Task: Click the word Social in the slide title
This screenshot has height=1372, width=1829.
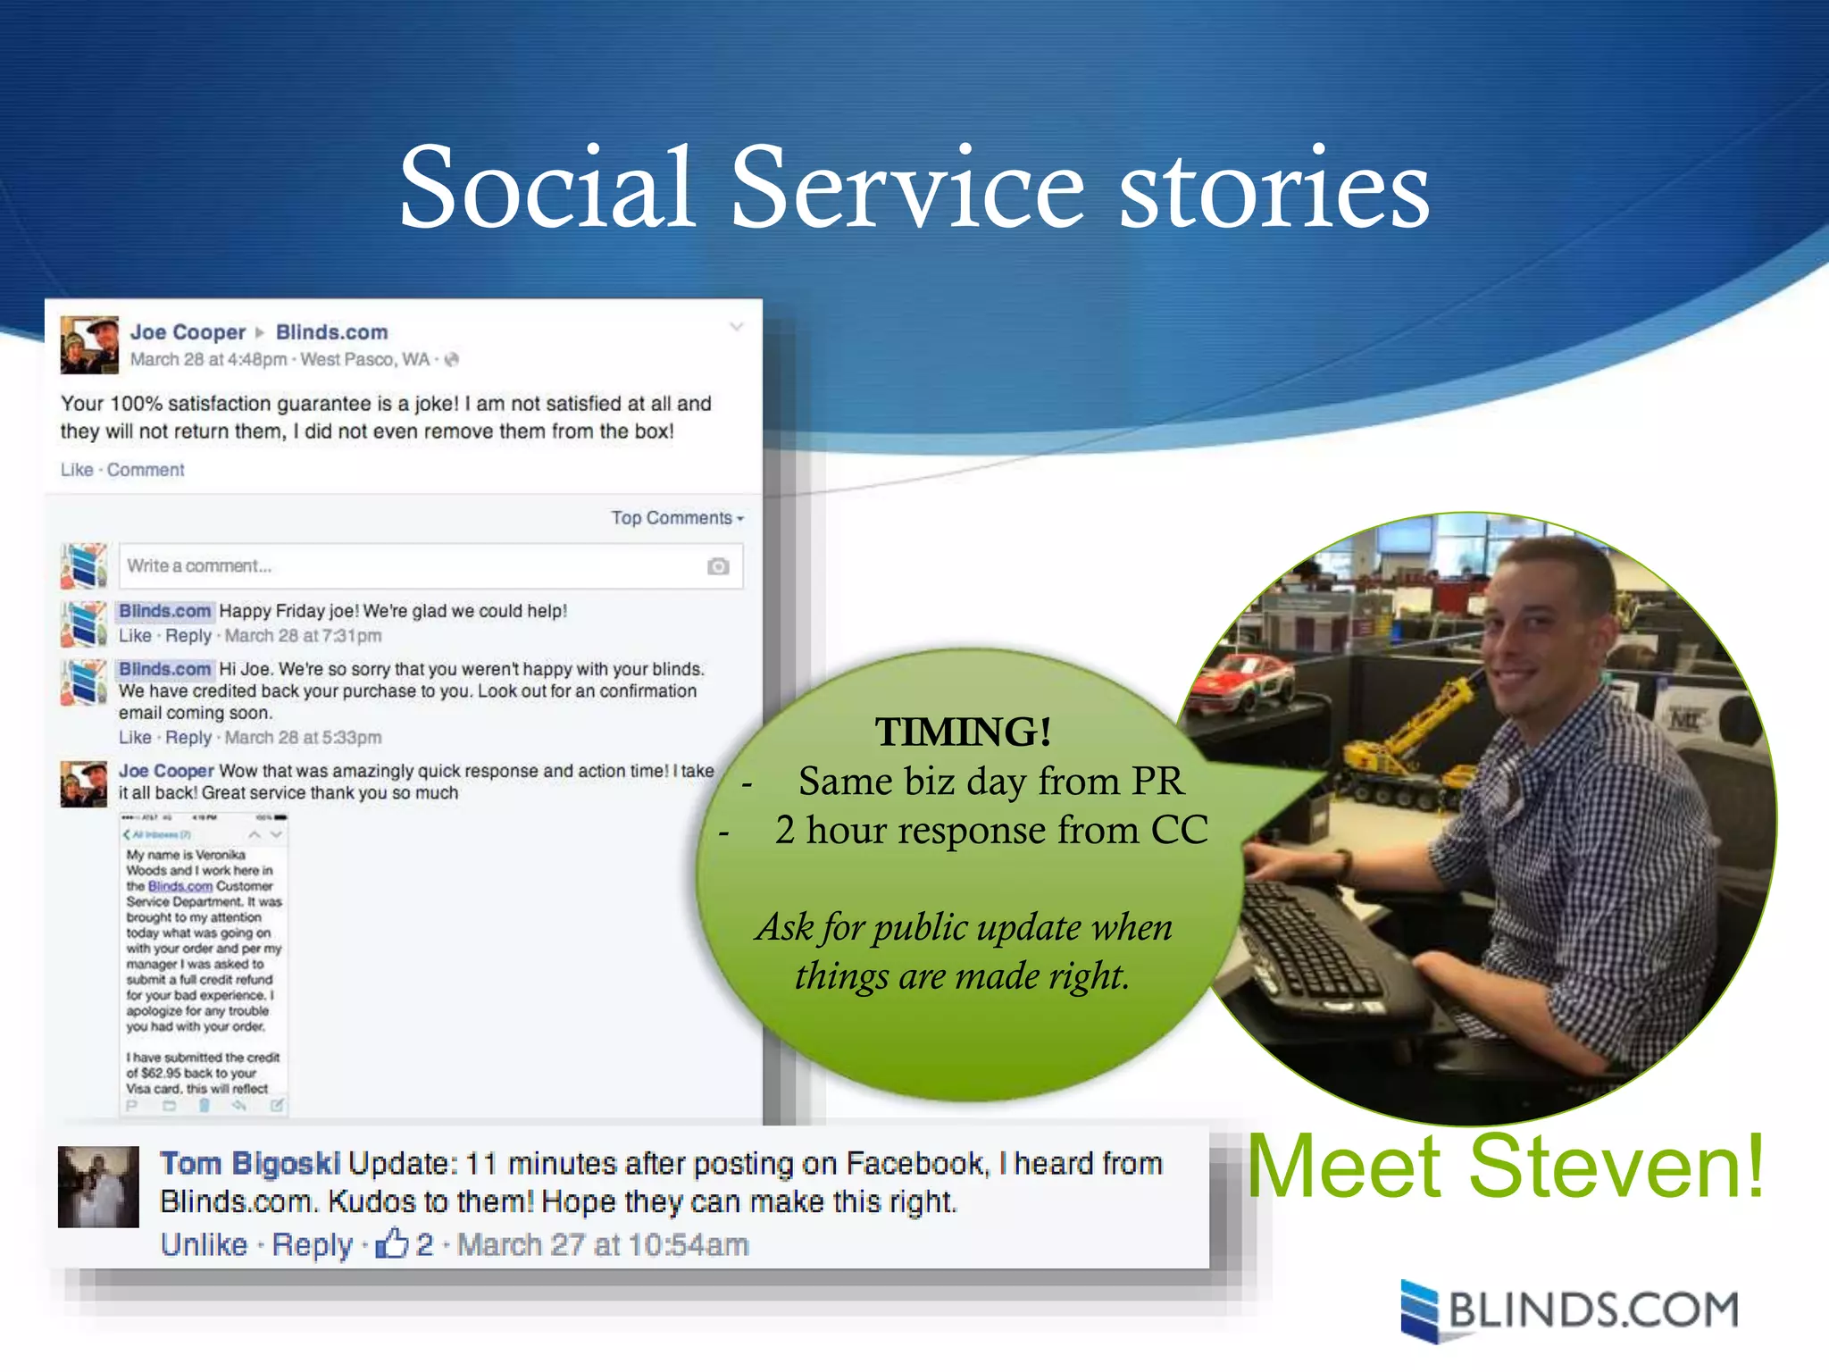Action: [x=546, y=188]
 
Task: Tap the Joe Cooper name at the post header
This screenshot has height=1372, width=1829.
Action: [x=188, y=332]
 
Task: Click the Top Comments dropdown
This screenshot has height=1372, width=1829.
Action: [x=676, y=518]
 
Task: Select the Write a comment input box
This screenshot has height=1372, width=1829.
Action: [x=411, y=566]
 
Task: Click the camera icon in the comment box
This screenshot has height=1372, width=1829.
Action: [x=718, y=566]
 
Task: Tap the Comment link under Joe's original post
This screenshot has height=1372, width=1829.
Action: [x=146, y=470]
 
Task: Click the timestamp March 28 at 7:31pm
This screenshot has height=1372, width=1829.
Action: [x=303, y=636]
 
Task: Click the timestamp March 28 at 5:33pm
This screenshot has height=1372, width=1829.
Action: [x=303, y=738]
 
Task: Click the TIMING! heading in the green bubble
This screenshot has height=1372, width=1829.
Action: [x=963, y=732]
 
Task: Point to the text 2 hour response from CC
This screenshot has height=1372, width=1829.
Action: [x=991, y=831]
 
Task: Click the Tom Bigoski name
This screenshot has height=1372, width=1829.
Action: [x=250, y=1164]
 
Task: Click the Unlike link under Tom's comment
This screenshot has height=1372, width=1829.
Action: [x=204, y=1244]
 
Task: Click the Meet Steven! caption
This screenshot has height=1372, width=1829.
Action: [x=1506, y=1167]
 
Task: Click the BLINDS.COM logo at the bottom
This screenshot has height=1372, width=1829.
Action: [x=1570, y=1310]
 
